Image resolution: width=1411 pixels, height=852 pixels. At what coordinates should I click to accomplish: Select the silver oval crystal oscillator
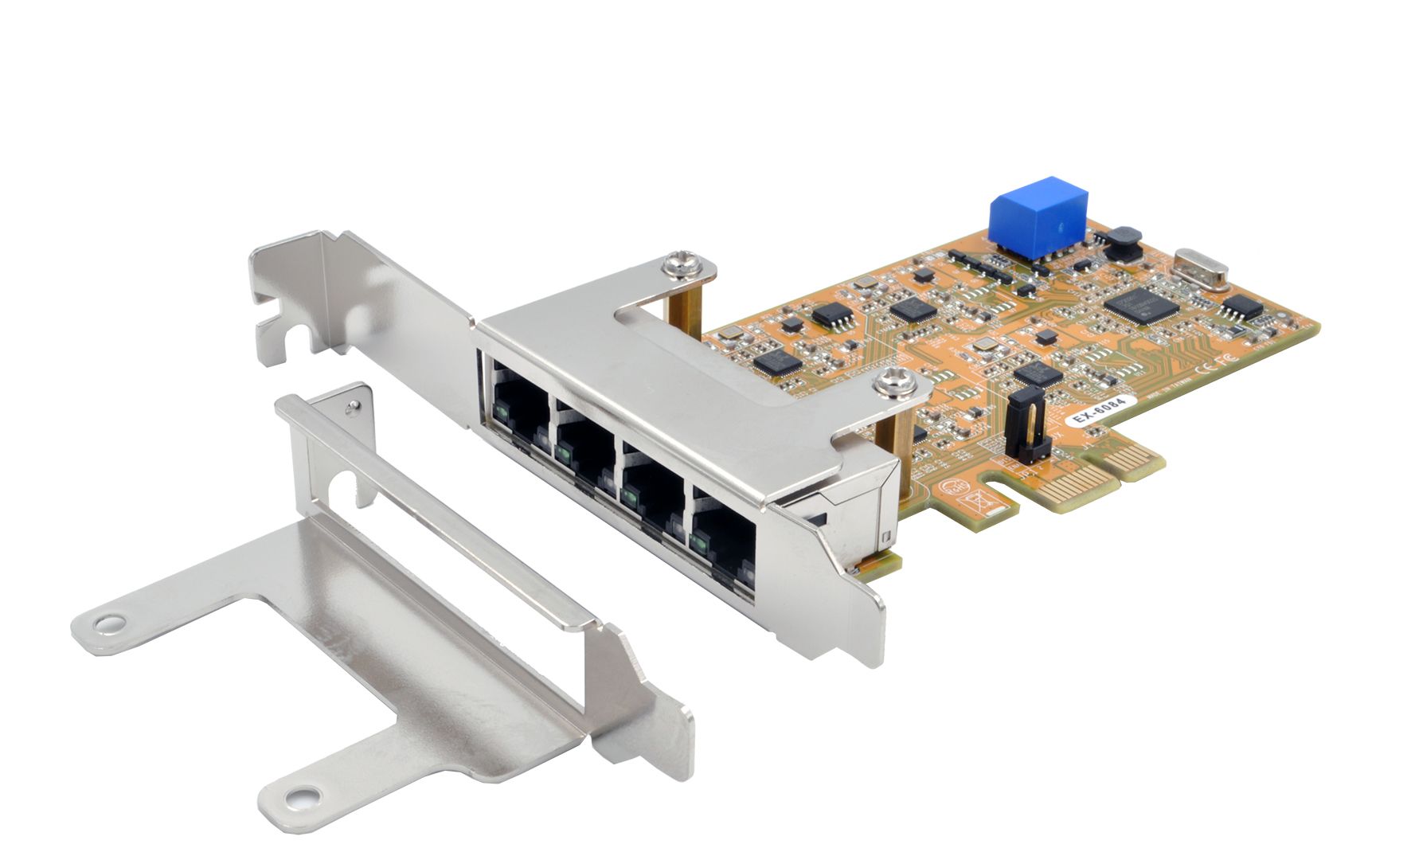click(1201, 269)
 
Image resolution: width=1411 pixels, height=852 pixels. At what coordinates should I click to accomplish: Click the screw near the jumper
click(888, 384)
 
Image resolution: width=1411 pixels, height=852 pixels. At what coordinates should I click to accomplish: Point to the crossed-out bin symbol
click(976, 502)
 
